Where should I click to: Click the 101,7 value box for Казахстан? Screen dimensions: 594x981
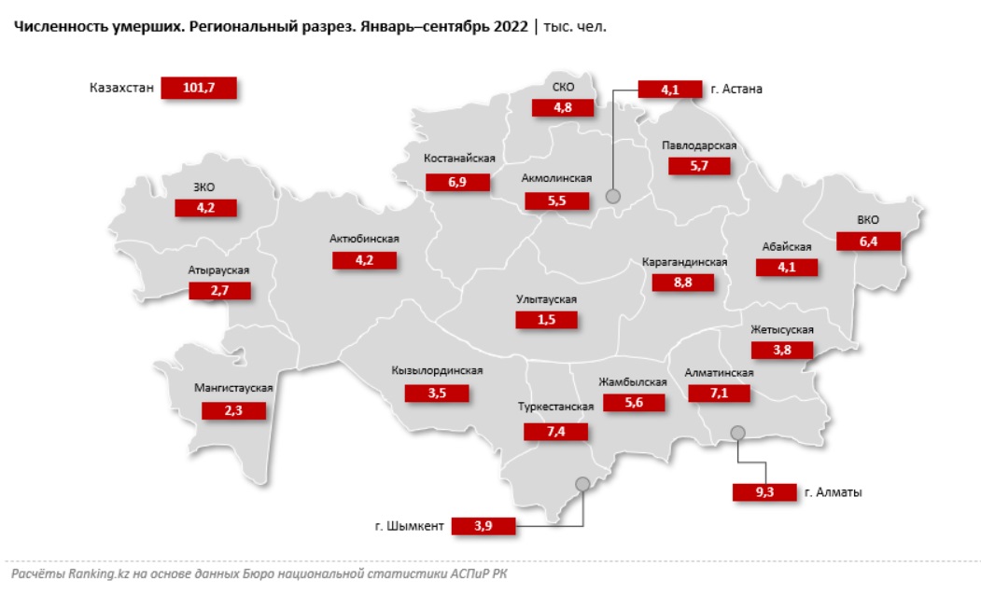click(x=199, y=89)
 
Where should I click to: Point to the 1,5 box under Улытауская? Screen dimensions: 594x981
click(x=546, y=320)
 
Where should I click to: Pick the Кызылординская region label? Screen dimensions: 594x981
click(x=437, y=371)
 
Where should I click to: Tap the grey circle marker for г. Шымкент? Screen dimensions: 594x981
click(x=583, y=483)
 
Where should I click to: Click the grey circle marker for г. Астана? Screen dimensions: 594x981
click(x=613, y=197)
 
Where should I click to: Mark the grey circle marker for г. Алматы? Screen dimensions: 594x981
click(x=737, y=433)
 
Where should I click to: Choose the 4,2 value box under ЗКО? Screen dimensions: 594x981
click(x=205, y=208)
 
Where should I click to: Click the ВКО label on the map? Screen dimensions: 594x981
click(x=868, y=220)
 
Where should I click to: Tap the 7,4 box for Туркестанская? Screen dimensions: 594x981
click(x=555, y=431)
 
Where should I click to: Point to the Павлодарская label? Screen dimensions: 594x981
click(x=700, y=145)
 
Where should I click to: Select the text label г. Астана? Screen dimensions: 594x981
click(x=736, y=90)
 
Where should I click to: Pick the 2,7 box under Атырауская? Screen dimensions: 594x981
click(x=219, y=291)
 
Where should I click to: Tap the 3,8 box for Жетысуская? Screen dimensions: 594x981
click(x=782, y=351)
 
